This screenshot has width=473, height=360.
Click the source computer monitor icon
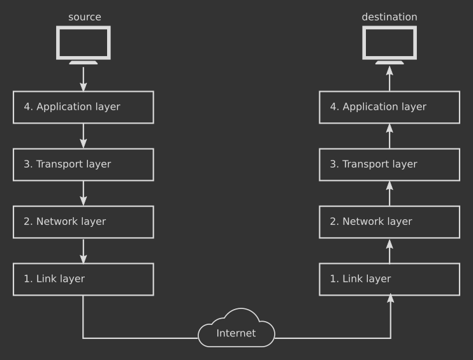pos(84,44)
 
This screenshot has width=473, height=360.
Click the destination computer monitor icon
pos(389,44)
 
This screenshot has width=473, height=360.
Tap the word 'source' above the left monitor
pos(84,17)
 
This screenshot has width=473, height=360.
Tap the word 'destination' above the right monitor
pos(389,17)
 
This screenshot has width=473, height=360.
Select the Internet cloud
pos(236,330)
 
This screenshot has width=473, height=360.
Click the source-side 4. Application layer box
pos(84,107)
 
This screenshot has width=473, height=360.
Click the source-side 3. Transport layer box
pos(84,164)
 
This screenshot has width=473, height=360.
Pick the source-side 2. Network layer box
pos(84,222)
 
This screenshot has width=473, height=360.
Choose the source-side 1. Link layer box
pos(84,279)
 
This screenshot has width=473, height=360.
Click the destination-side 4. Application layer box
pos(389,107)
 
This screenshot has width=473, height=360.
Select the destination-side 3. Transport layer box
pos(389,164)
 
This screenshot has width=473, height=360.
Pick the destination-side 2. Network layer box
pos(389,222)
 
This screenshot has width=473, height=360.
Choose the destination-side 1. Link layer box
pos(389,279)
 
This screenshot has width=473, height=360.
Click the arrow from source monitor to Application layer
pos(84,78)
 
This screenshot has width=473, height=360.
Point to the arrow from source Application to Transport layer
pos(84,136)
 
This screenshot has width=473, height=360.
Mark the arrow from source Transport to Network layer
pos(84,193)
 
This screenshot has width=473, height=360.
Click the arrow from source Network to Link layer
pos(84,250)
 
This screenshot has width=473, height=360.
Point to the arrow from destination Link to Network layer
pos(389,250)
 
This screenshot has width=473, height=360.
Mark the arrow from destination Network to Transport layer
pos(389,193)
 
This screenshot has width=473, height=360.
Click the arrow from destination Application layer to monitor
pos(389,78)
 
